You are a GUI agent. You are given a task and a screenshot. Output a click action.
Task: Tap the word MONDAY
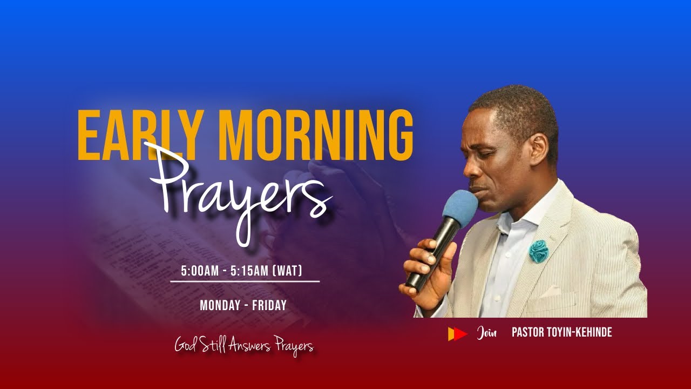[219, 305]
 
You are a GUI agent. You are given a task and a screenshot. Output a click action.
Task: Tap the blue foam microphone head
[460, 209]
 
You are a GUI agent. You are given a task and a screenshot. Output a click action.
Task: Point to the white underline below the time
[245, 281]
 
